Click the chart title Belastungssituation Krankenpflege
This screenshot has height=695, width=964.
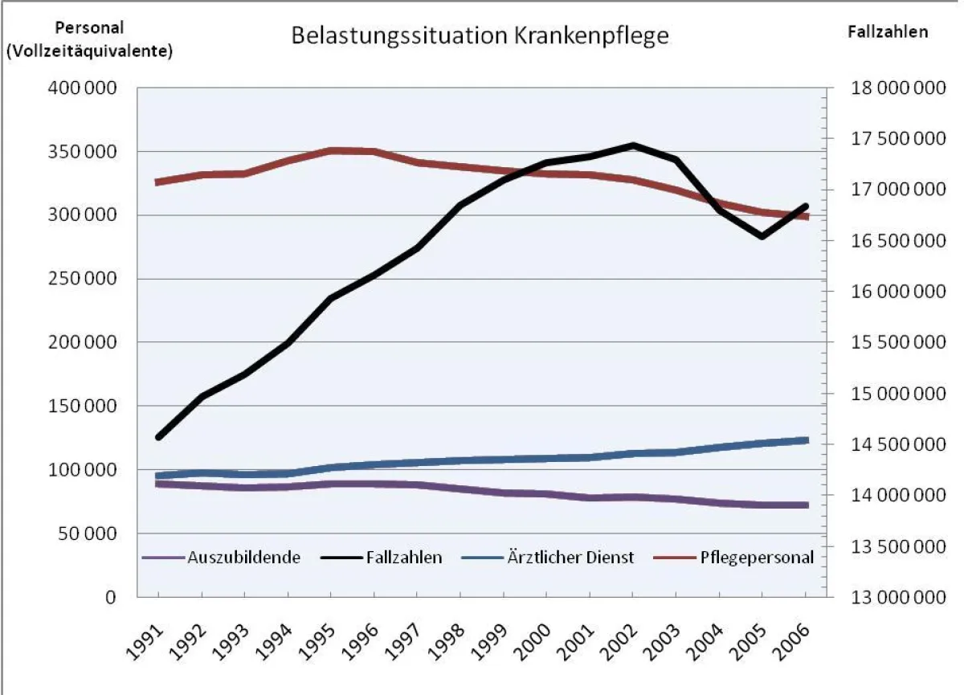[480, 37]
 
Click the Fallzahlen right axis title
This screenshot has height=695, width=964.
[888, 32]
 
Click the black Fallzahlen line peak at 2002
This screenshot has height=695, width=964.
[633, 145]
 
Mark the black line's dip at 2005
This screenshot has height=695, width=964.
[762, 236]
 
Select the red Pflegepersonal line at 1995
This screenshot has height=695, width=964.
[330, 150]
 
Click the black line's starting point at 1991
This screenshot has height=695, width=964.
[158, 437]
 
